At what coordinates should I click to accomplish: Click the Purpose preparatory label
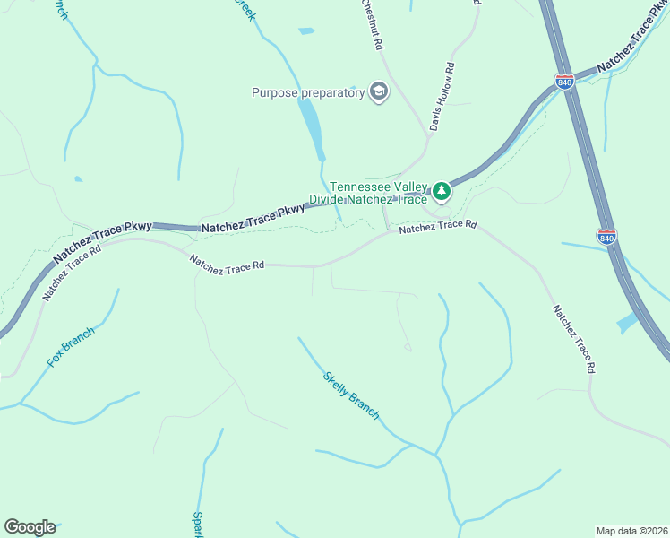(x=308, y=91)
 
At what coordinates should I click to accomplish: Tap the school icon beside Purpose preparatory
(x=378, y=91)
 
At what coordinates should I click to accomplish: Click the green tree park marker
(x=441, y=190)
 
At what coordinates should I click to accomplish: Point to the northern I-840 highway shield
(x=563, y=81)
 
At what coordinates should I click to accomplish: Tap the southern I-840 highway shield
(x=606, y=237)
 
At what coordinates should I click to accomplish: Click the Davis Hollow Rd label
(x=442, y=97)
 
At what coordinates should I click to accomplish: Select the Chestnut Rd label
(x=372, y=24)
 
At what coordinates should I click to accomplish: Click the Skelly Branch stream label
(x=351, y=395)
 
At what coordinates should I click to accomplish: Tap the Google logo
(x=30, y=527)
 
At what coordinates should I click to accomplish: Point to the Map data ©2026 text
(x=631, y=530)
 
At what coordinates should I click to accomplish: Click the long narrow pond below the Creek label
(x=311, y=126)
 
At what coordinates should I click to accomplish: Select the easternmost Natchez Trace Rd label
(x=573, y=339)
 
